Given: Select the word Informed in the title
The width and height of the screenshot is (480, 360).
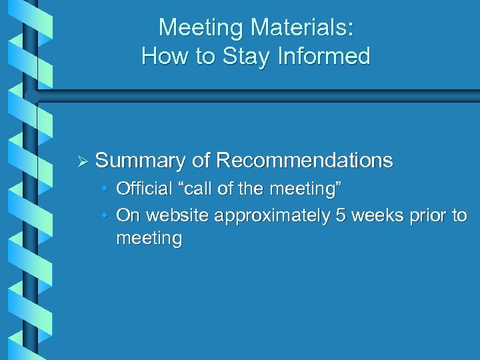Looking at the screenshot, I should tap(326, 56).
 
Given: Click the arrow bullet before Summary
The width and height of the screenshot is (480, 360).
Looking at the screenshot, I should tap(83, 161).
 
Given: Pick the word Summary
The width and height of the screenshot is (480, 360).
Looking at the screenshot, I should tap(140, 161).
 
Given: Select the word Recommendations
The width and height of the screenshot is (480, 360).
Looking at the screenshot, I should tap(305, 161).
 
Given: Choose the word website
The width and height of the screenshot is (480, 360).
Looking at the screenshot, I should tap(177, 216).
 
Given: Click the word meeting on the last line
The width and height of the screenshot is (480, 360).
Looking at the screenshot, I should tap(149, 239).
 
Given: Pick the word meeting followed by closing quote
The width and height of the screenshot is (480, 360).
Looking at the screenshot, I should tap(302, 189).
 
